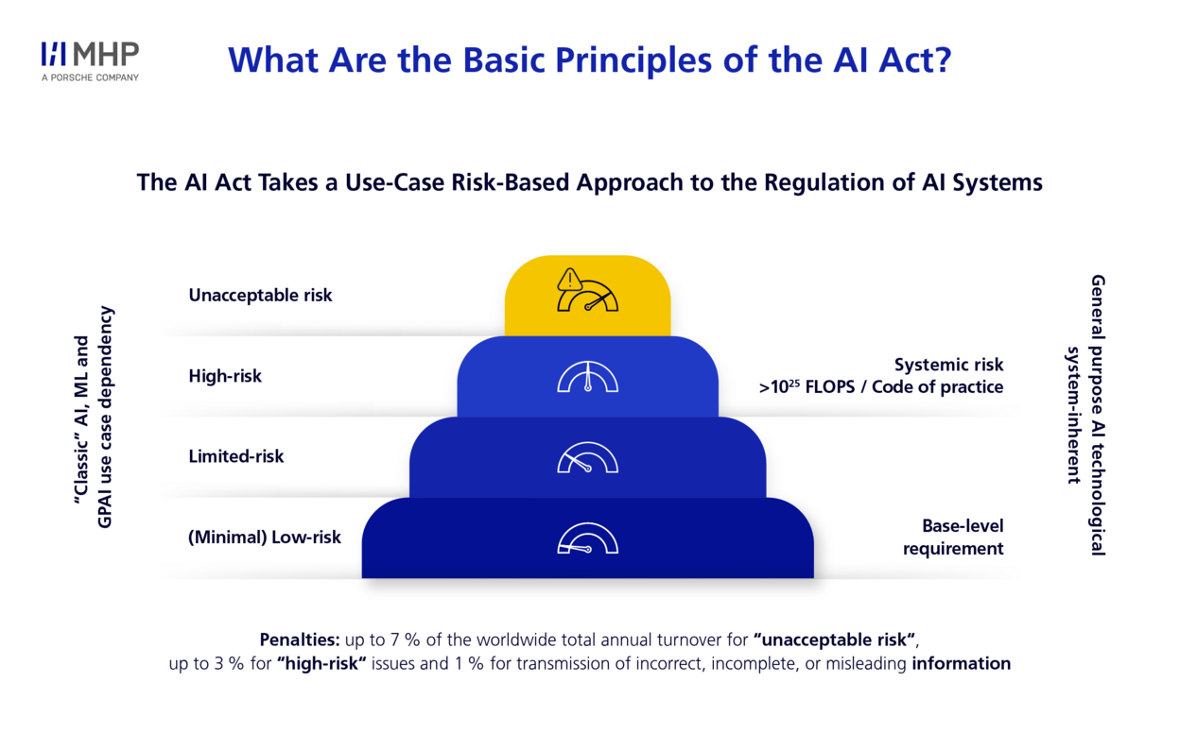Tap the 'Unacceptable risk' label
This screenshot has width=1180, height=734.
[x=260, y=296]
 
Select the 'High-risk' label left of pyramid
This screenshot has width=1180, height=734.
[x=225, y=376]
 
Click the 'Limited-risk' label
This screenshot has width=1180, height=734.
[x=235, y=456]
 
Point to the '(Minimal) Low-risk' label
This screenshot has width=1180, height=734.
[x=264, y=538]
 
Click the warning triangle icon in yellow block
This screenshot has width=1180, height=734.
[x=569, y=280]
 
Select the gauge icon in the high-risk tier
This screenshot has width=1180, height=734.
[x=587, y=377]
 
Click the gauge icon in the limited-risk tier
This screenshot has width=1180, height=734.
[x=587, y=457]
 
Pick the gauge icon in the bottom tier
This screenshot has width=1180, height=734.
[x=587, y=538]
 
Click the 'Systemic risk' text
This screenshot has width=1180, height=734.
[x=948, y=365]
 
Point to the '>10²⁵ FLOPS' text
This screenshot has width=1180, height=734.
[x=813, y=387]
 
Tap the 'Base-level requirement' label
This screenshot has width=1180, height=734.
[x=953, y=538]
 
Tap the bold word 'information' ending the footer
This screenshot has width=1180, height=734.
[x=961, y=663]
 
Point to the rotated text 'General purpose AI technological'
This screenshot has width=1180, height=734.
[x=1097, y=416]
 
